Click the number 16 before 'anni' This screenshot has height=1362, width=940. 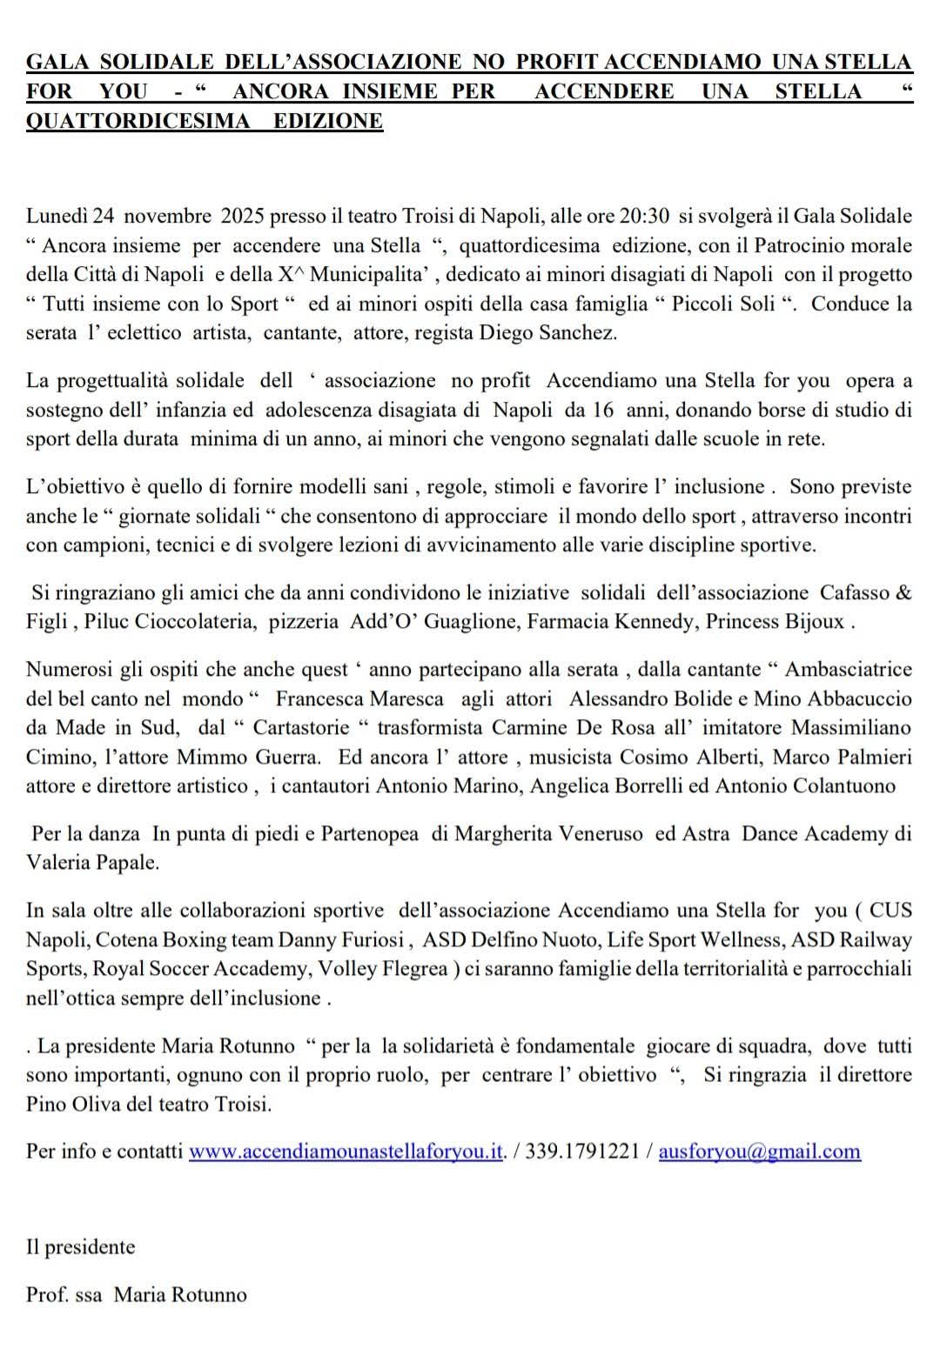601,410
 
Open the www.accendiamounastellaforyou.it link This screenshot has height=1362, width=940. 346,1151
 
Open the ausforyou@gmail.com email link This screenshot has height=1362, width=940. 759,1151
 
